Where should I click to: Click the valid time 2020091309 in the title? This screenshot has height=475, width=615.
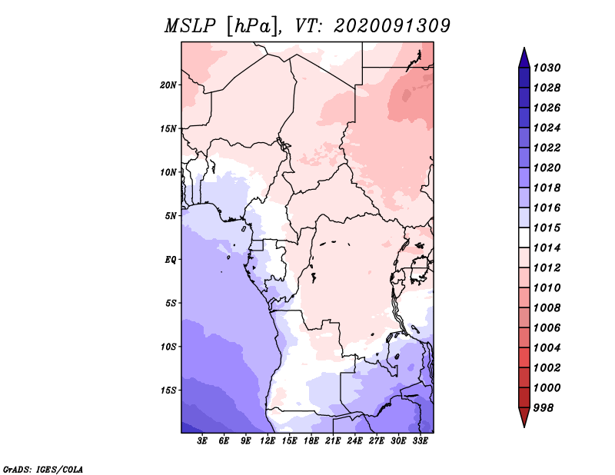coord(392,26)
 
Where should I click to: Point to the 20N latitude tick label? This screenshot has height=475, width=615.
coord(168,85)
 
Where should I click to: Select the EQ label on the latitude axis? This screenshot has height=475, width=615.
coord(171,259)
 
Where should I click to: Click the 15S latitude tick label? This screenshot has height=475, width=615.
coord(168,390)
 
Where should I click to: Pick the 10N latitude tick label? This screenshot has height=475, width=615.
coord(168,172)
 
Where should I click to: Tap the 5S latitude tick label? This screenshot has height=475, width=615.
coord(171,303)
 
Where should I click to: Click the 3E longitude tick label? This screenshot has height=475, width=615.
coord(203,442)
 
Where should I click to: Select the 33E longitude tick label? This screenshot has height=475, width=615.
coord(419,442)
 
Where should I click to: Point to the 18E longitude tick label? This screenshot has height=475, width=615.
coord(311,442)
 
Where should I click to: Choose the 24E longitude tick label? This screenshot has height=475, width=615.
coord(354,442)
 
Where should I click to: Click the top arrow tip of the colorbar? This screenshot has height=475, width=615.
coord(524,50)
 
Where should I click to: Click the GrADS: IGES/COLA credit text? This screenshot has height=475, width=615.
coord(43,469)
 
